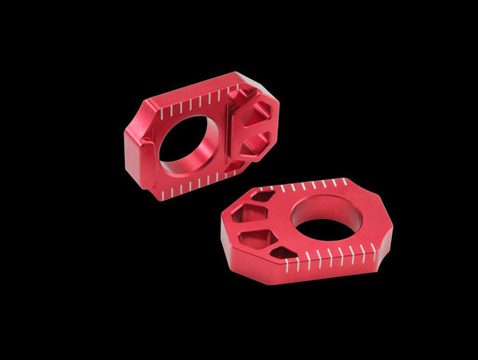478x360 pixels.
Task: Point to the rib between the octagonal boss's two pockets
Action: click(248, 132)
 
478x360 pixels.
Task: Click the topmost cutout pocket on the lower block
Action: click(262, 195)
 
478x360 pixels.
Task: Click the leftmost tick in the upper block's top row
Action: click(162, 114)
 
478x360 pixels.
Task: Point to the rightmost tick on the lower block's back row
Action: click(346, 182)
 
